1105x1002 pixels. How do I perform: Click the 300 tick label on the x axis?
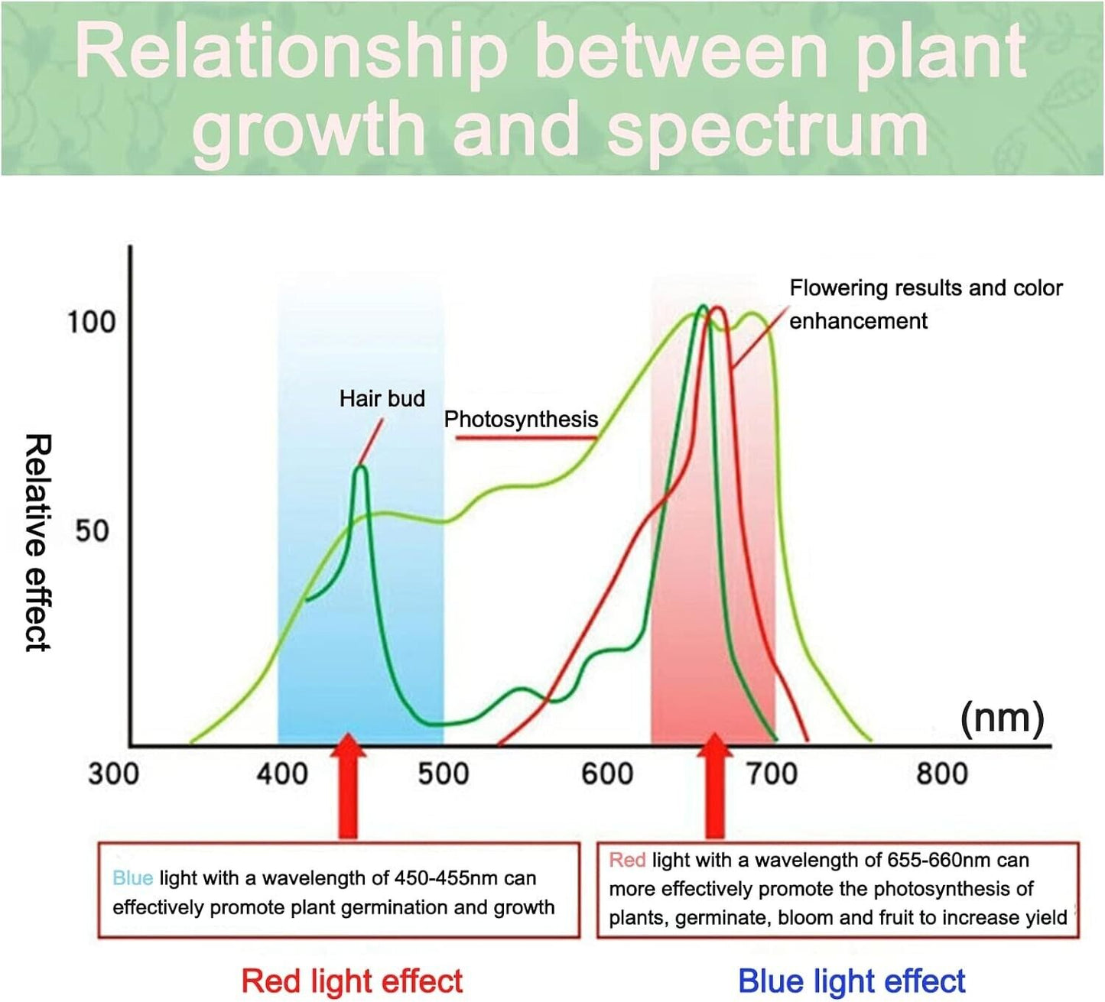pyautogui.click(x=113, y=773)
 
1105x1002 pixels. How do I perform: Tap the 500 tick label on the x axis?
pyautogui.click(x=444, y=773)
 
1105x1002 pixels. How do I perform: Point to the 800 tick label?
pyautogui.click(x=942, y=773)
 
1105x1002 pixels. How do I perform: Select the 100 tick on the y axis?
pyautogui.click(x=91, y=322)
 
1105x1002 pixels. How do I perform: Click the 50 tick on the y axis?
pyautogui.click(x=92, y=530)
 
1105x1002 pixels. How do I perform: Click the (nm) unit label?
pyautogui.click(x=1002, y=718)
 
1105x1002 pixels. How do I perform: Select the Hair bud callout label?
pyautogui.click(x=382, y=398)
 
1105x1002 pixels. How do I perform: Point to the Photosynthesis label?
pyautogui.click(x=521, y=419)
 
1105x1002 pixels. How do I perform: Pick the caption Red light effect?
pyautogui.click(x=352, y=981)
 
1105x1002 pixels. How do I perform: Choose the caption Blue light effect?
pyautogui.click(x=851, y=981)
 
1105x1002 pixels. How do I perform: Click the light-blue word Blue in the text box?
pyautogui.click(x=132, y=878)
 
